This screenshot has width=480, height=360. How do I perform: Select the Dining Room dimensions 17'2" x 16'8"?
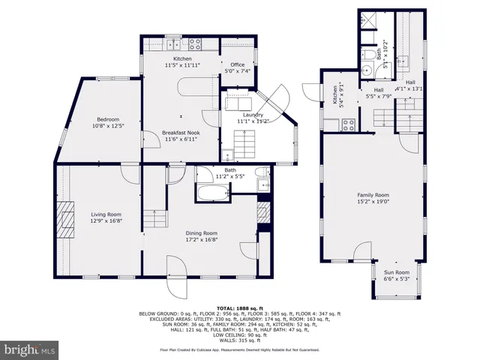[202, 240]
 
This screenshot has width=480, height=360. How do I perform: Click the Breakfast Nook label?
[181, 133]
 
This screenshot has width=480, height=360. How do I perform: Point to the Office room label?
[238, 65]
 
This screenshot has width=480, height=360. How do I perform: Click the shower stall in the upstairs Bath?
[369, 22]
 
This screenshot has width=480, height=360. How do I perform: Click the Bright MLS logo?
[30, 349]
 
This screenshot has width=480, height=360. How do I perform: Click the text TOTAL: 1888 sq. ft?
[239, 308]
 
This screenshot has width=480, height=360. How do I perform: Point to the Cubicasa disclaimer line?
[239, 349]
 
